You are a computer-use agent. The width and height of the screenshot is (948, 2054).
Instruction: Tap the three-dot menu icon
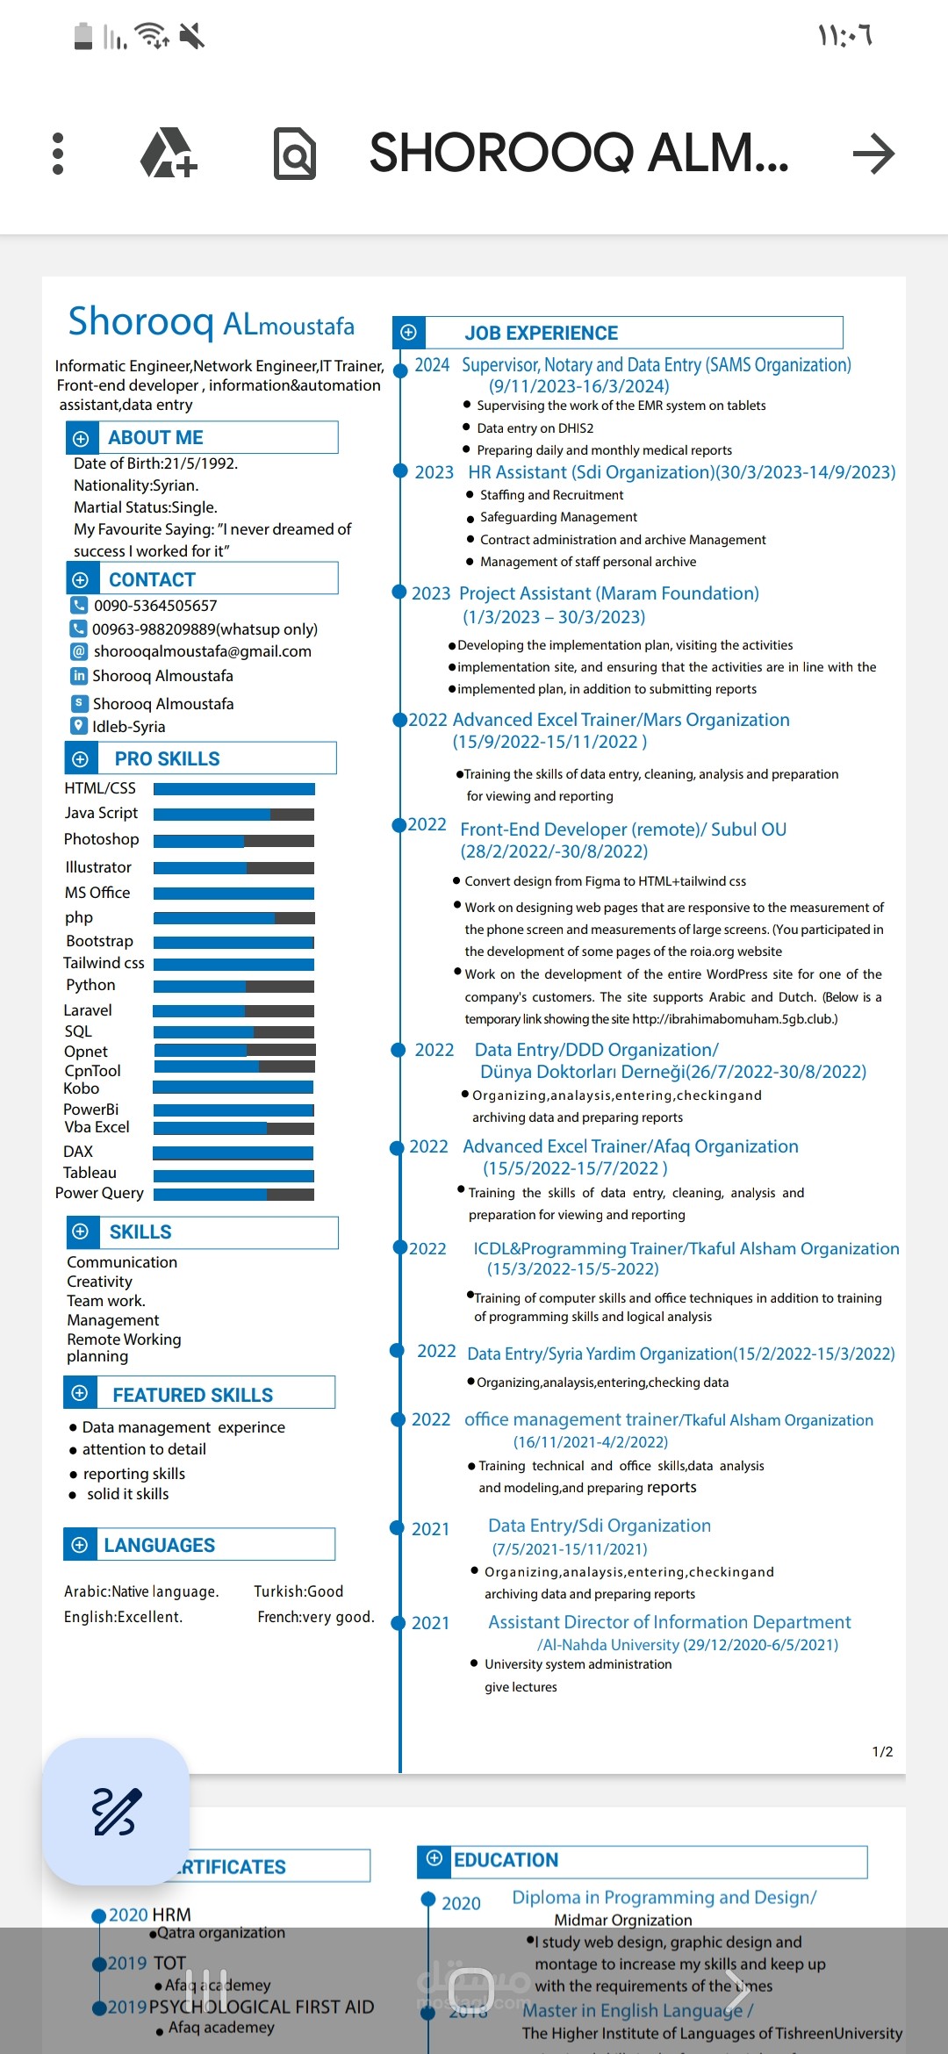coord(58,154)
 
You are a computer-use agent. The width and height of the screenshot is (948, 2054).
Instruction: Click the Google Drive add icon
coord(169,154)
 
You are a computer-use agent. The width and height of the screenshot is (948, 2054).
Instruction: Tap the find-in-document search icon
coord(294,154)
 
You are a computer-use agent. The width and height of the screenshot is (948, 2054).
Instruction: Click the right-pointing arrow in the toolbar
coord(873,154)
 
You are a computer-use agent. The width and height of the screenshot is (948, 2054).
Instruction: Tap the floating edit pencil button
coord(116,1812)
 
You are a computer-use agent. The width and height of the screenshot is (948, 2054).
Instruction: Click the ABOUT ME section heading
coord(155,437)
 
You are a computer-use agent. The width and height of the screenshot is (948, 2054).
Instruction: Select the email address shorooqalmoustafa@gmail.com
coord(202,651)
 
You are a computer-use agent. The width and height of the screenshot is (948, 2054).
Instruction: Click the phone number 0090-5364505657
coord(155,606)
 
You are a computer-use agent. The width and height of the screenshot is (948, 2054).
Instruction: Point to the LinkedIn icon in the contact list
coord(79,676)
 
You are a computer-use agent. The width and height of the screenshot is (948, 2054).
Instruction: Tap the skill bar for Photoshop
coord(233,841)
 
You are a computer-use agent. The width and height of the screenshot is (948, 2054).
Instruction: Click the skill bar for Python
coord(233,987)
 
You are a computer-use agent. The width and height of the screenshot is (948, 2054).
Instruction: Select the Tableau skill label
coord(90,1173)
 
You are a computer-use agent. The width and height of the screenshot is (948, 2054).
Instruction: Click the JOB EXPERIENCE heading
coord(541,333)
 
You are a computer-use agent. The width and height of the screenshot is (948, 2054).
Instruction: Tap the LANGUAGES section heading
coord(159,1545)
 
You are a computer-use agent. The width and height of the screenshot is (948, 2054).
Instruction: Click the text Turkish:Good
coord(298,1591)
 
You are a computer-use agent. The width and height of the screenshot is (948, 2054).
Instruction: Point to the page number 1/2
coord(882,1752)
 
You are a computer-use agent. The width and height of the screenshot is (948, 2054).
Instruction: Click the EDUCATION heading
coord(506,1860)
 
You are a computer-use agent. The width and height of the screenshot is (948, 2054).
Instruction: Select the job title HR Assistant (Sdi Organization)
coord(591,472)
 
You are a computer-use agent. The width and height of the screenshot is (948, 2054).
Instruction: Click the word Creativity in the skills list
coord(99,1282)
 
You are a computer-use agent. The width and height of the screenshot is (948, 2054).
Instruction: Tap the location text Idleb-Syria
coord(128,727)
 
